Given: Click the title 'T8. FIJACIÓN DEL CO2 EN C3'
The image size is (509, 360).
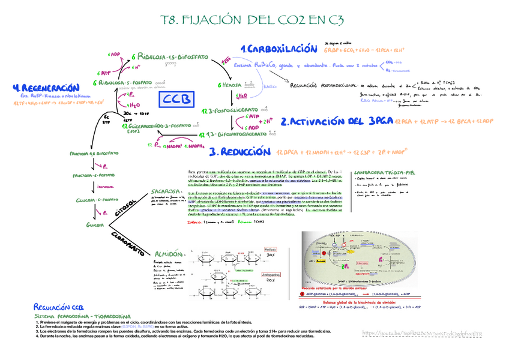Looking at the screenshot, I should (253, 22).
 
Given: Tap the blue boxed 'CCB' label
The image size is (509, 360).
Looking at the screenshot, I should (178, 99).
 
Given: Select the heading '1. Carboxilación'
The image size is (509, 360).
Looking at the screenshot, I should (278, 49).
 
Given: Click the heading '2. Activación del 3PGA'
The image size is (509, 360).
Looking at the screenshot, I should (340, 121).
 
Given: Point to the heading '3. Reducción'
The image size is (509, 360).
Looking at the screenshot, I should (241, 152).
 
